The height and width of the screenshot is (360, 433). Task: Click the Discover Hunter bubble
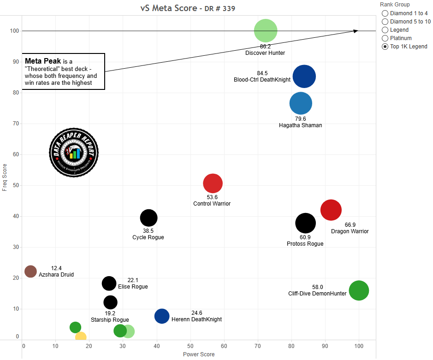click(266, 31)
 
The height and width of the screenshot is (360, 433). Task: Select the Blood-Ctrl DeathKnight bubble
click(304, 77)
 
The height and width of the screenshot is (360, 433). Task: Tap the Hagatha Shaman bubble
click(301, 103)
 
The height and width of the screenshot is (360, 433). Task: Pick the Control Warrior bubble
click(213, 183)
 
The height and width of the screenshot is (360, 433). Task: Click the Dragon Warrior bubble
click(331, 210)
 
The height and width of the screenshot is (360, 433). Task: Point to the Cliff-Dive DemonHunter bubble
click(359, 290)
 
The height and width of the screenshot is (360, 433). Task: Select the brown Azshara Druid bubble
click(30, 271)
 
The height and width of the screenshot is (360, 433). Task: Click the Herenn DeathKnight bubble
click(162, 316)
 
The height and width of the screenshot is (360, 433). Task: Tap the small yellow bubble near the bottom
click(81, 337)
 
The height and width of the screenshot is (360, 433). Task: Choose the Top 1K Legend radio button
click(385, 47)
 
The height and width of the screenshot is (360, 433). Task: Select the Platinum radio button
click(385, 38)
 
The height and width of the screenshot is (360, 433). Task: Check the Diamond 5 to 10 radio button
click(385, 22)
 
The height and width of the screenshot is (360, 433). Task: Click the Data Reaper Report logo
click(74, 153)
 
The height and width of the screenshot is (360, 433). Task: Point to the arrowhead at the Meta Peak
click(356, 31)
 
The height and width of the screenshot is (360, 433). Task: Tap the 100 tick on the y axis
click(15, 31)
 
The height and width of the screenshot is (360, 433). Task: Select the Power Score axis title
click(199, 354)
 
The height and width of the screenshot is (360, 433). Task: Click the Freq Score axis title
click(5, 177)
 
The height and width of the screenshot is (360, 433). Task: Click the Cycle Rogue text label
click(148, 237)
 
